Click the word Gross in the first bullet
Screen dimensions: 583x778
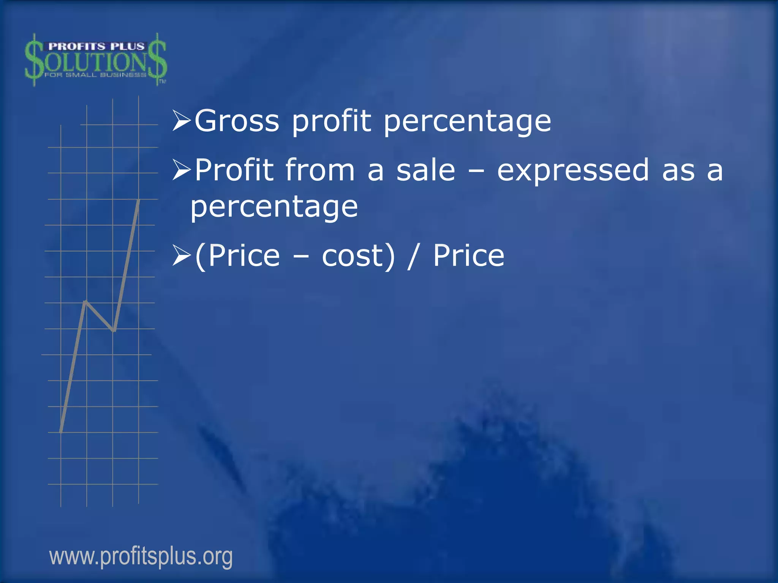click(x=237, y=121)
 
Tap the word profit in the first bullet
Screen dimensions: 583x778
click(x=331, y=121)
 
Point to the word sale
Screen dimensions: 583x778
click(x=425, y=171)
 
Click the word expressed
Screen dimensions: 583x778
click(x=573, y=171)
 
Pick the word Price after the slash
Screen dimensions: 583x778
click(x=468, y=255)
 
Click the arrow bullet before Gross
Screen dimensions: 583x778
click(x=181, y=121)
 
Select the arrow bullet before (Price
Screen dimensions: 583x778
click(x=181, y=255)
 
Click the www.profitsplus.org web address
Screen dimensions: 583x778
click(x=141, y=556)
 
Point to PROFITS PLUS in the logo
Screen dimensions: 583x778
click(x=96, y=46)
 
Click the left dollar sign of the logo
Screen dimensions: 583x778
click(x=34, y=60)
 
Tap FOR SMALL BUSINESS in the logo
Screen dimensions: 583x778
click(x=95, y=75)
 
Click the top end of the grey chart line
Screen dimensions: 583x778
click(x=139, y=200)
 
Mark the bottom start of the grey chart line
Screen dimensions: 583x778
click(x=61, y=431)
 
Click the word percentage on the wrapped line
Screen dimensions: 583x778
click(x=274, y=207)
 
